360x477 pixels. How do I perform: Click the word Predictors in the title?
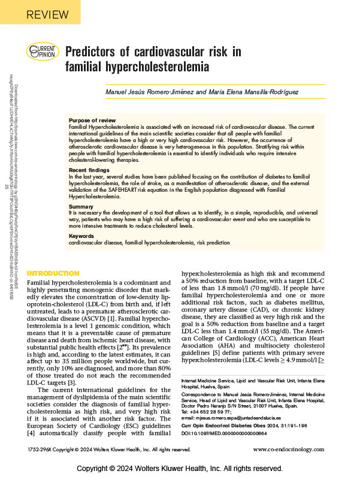(x=94, y=52)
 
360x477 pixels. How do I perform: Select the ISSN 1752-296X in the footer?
(x=43, y=448)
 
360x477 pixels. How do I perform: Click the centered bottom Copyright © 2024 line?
(x=180, y=467)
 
